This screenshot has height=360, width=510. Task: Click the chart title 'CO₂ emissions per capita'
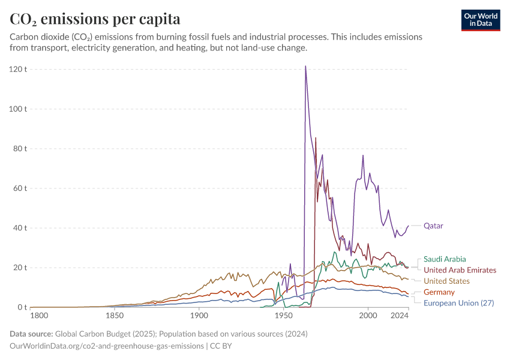(95, 19)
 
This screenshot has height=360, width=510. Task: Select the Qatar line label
(433, 226)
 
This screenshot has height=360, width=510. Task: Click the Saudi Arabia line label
(445, 259)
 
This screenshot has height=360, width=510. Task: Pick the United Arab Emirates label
(460, 270)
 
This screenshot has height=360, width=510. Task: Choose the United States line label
(446, 281)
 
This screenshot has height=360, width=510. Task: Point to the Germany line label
(439, 292)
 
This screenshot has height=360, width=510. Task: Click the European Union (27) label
(458, 303)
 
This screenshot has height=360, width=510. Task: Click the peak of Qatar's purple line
(305, 67)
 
